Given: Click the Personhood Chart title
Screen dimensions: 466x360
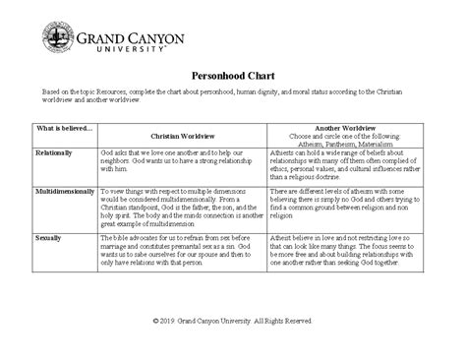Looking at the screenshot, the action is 232,74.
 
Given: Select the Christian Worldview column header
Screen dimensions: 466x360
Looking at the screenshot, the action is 182,137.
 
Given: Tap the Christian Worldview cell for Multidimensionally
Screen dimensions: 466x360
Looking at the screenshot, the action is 182,209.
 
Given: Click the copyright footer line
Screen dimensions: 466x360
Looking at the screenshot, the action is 233,321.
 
